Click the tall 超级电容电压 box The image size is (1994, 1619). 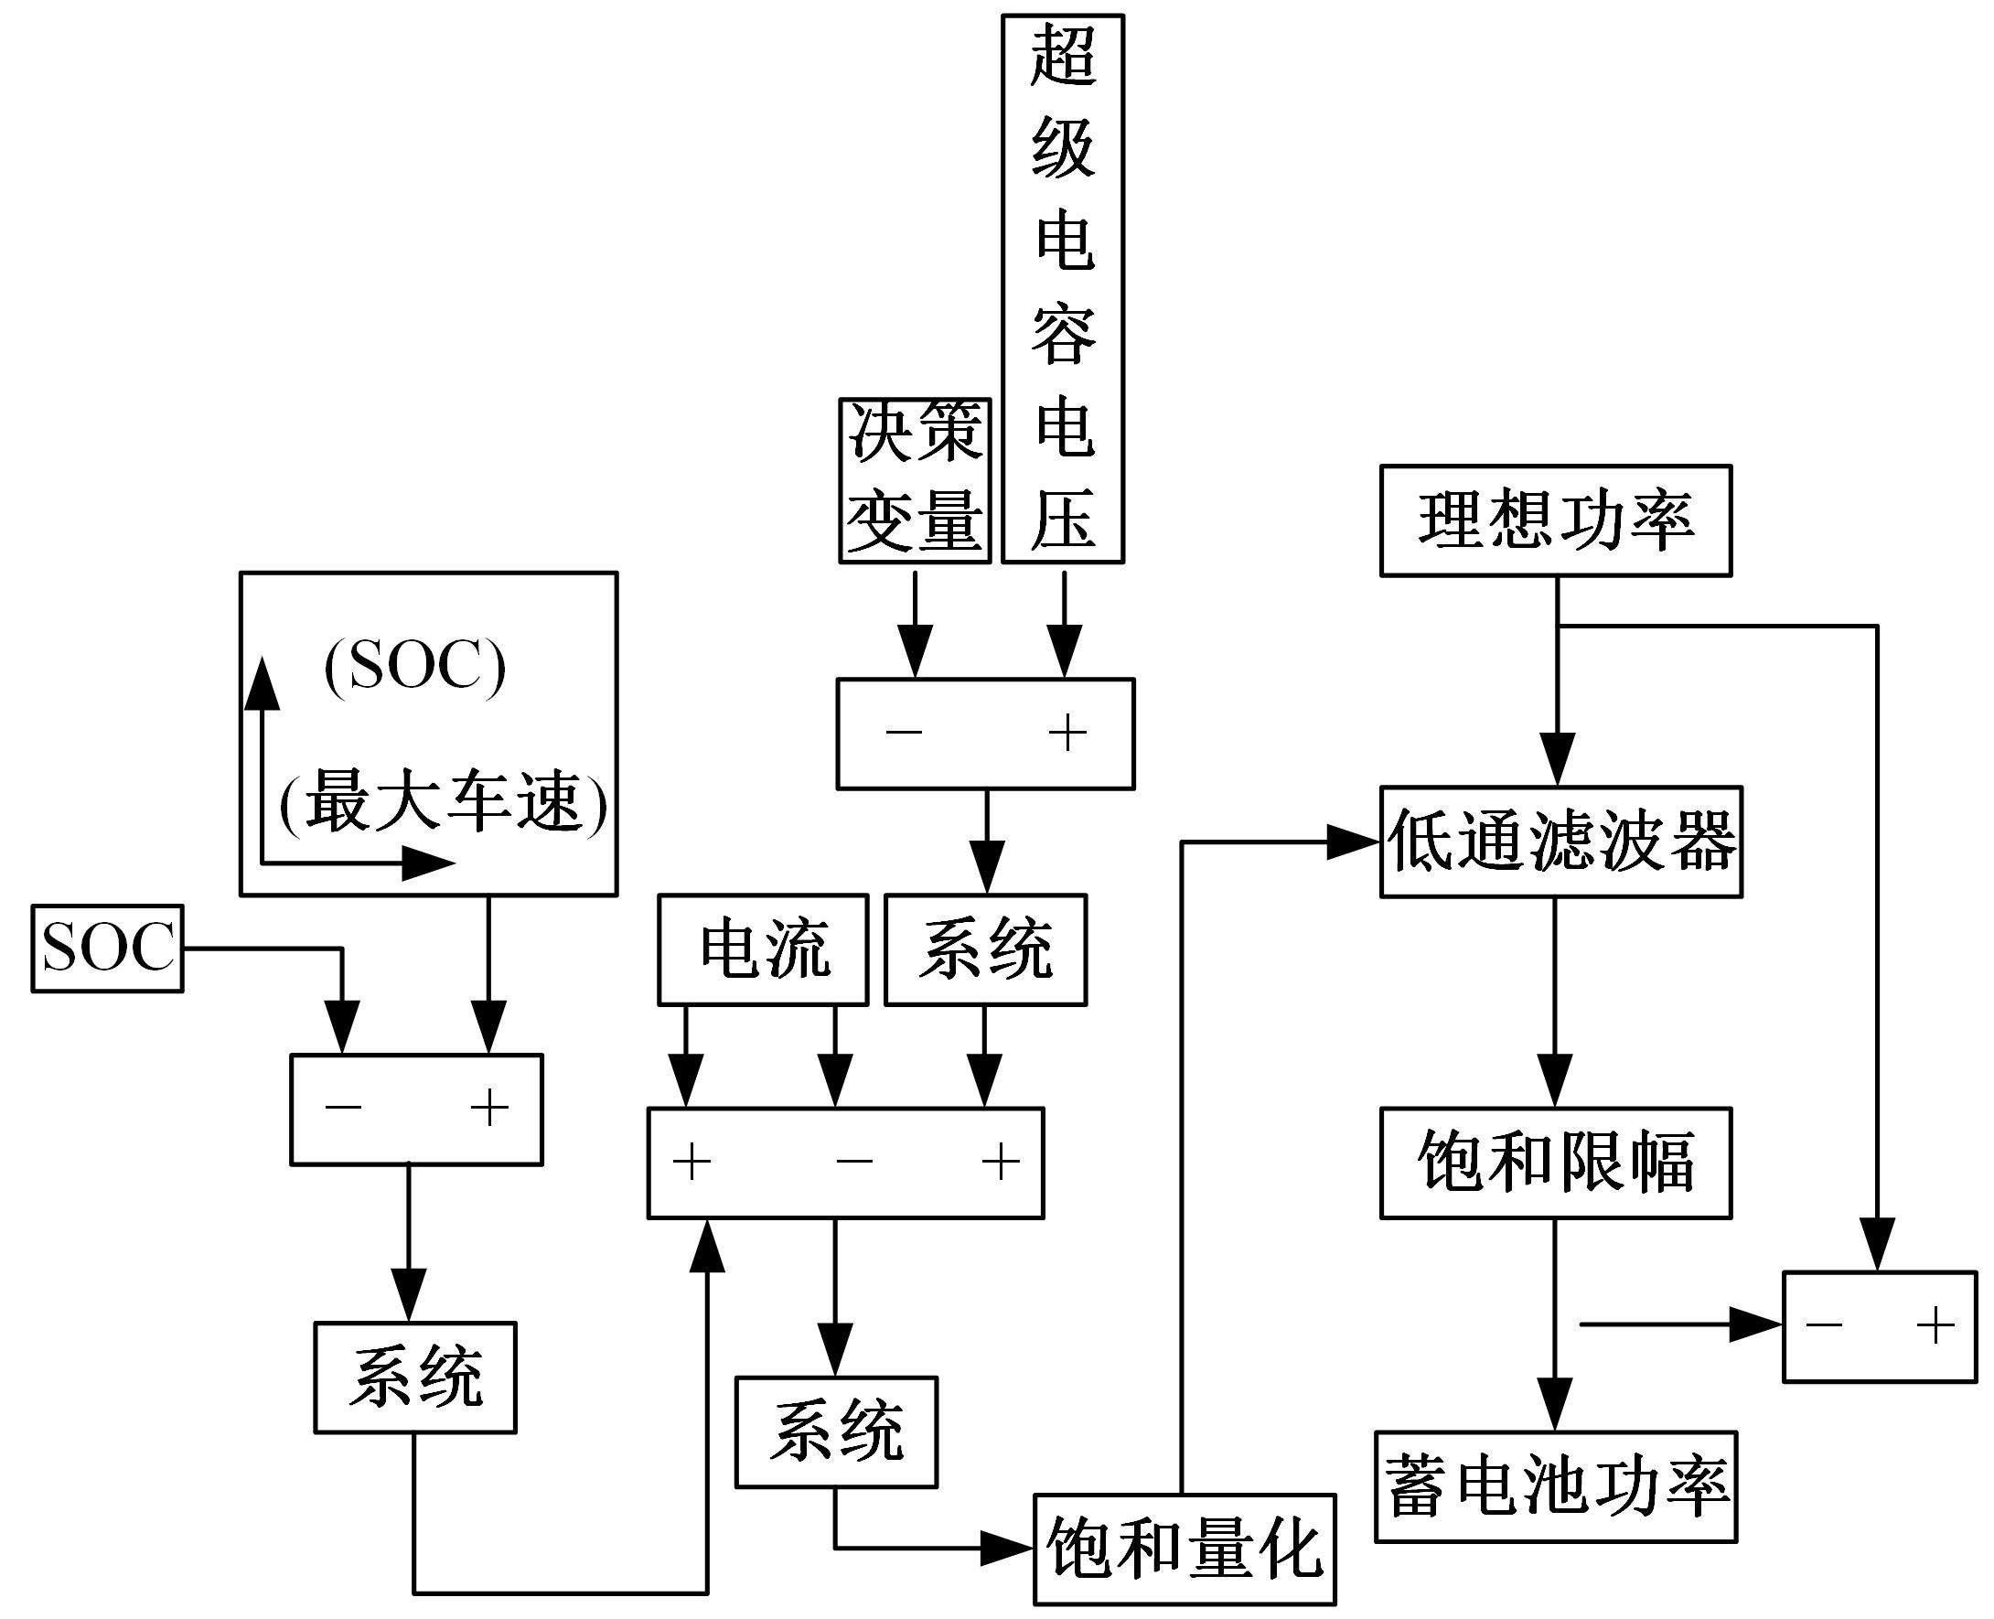pyautogui.click(x=1062, y=289)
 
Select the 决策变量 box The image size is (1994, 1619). pyautogui.click(x=914, y=481)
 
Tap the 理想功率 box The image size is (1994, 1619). pyautogui.click(x=1555, y=520)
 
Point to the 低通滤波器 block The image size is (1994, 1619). pyautogui.click(x=1560, y=842)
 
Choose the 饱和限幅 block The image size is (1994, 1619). pyautogui.click(x=1555, y=1162)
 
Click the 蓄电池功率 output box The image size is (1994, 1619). pyautogui.click(x=1555, y=1486)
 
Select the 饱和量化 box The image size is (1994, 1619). pyautogui.click(x=1184, y=1549)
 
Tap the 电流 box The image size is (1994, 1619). pyautogui.click(x=762, y=949)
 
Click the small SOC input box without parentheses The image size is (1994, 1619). pyautogui.click(x=107, y=948)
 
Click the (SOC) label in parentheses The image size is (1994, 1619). pyautogui.click(x=415, y=666)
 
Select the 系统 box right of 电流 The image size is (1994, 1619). pyautogui.click(x=985, y=949)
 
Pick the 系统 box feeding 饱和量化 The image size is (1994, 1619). pyautogui.click(x=836, y=1431)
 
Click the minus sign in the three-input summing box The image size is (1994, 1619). pyautogui.click(x=853, y=1161)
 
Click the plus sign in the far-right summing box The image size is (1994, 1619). pyautogui.click(x=1935, y=1324)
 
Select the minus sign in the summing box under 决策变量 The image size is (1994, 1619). pyautogui.click(x=904, y=732)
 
